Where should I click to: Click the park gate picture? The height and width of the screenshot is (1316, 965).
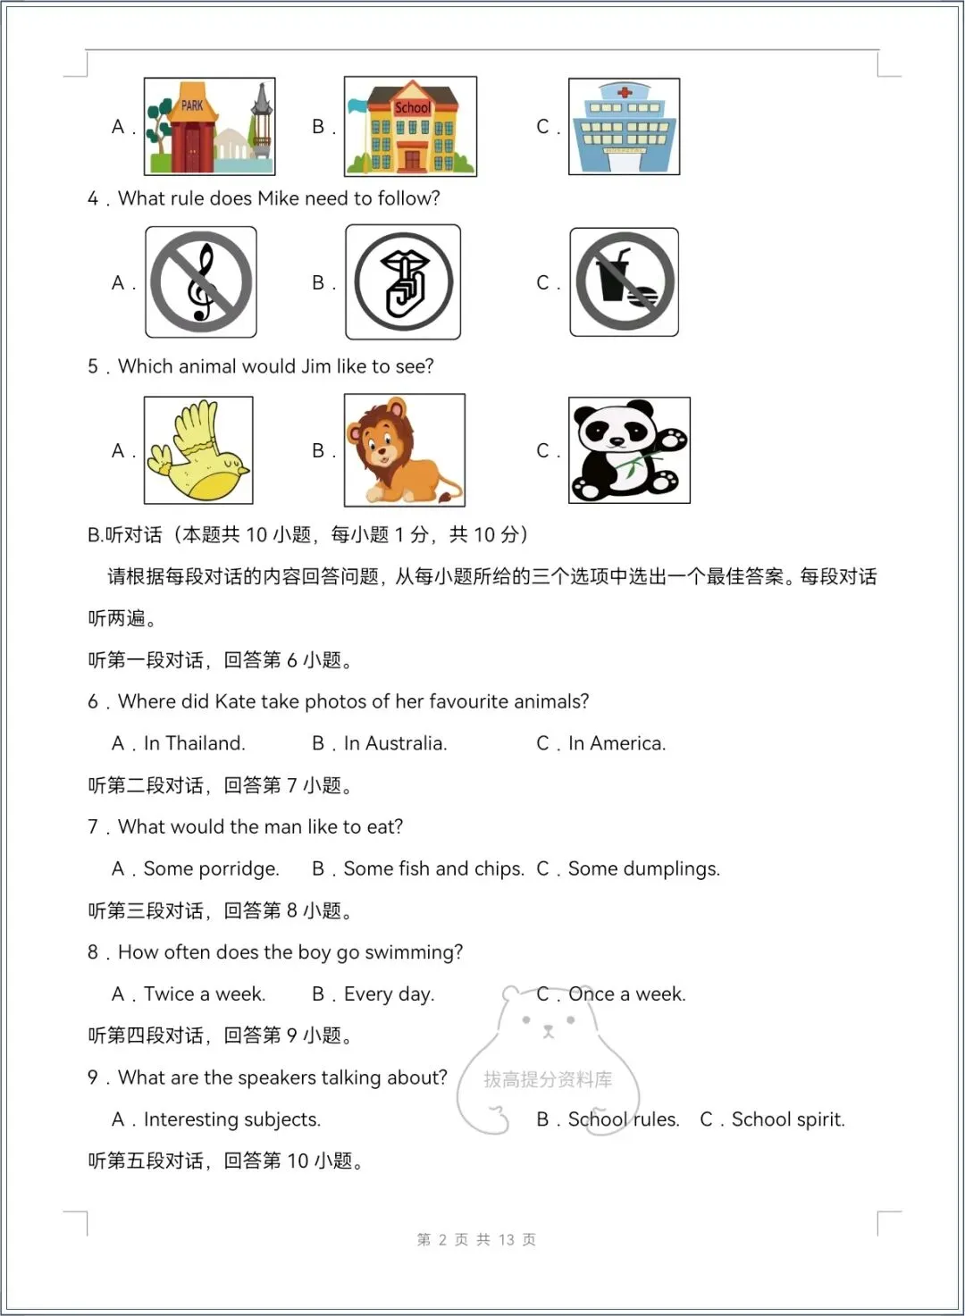[209, 126]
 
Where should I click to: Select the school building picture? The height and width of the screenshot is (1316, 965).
[410, 126]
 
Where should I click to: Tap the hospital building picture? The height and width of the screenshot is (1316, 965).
[624, 126]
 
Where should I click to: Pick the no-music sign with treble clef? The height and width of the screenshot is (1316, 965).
[201, 282]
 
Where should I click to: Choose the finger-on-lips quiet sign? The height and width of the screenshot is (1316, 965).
[403, 282]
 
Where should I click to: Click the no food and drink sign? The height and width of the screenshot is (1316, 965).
[624, 282]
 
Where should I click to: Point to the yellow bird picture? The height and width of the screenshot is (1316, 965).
[198, 450]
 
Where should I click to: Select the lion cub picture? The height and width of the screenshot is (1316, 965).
[404, 450]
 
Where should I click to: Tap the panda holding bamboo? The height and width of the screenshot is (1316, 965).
[629, 450]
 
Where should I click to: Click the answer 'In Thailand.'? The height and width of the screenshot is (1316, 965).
[194, 743]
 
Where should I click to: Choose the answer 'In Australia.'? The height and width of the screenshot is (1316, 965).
[395, 743]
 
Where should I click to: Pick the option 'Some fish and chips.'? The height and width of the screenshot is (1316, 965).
[433, 868]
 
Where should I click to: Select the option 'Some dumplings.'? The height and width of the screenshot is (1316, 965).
[643, 868]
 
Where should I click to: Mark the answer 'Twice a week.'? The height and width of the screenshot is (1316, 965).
[204, 993]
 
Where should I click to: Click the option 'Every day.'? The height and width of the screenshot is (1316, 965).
[389, 993]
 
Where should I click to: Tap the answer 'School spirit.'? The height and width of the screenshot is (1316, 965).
[787, 1119]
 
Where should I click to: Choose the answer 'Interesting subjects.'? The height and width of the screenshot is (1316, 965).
[231, 1119]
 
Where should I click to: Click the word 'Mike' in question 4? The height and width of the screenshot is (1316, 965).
[278, 198]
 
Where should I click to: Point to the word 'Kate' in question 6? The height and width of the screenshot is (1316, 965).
[235, 701]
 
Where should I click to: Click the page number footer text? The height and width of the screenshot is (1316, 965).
[476, 1239]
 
